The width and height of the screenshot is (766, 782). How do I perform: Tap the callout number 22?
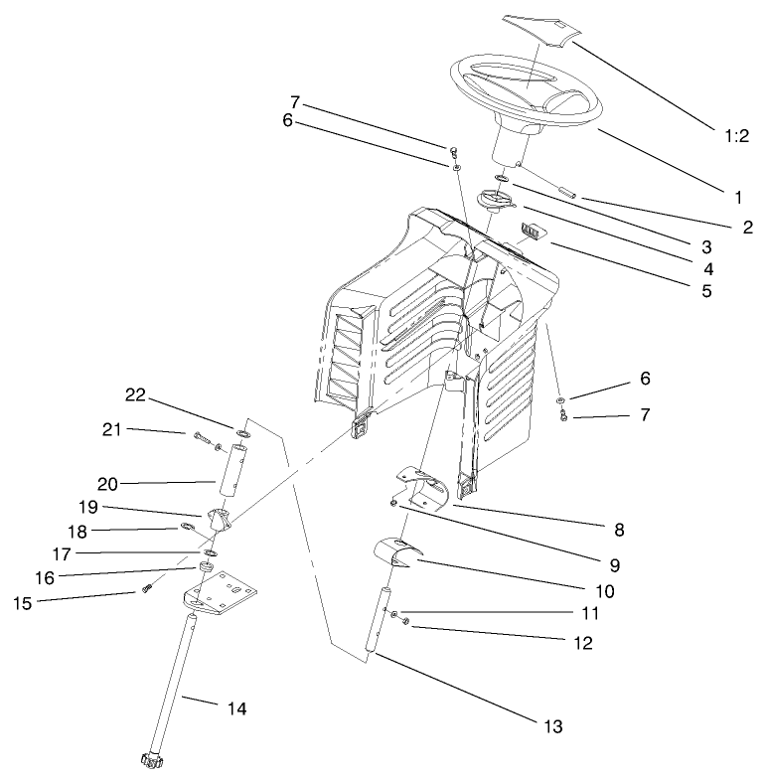pos(135,394)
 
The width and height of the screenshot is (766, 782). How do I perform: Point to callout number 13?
pos(552,727)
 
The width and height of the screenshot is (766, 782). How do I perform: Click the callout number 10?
pos(604,590)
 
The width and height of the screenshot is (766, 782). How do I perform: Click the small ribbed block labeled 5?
pos(534,232)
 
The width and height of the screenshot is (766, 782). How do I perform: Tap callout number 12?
pos(582,643)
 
